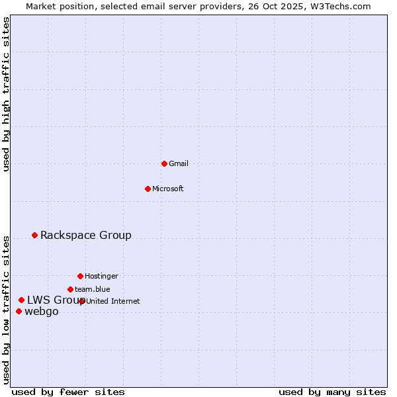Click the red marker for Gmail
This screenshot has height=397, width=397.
[164, 163]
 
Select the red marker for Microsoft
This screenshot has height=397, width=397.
[148, 189]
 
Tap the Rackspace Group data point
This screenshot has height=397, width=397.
[35, 235]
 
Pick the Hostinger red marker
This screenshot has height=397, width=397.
[80, 276]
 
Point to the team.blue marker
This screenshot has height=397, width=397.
[70, 289]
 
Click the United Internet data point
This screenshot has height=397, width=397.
[82, 301]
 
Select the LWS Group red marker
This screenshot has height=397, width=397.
[22, 300]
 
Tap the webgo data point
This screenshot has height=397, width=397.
[19, 311]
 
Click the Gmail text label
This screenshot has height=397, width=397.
[179, 163]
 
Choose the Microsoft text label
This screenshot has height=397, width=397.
[168, 189]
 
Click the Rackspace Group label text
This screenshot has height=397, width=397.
[86, 235]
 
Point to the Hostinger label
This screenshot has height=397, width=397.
[101, 276]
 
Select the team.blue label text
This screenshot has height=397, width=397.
[93, 289]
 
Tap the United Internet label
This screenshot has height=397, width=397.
[113, 301]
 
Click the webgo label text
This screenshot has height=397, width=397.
[42, 312]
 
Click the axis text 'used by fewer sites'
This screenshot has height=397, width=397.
[68, 392]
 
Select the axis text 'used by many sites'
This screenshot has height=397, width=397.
[332, 392]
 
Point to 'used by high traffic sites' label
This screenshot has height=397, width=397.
[6, 94]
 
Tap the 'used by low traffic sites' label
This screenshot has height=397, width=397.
[6, 309]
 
